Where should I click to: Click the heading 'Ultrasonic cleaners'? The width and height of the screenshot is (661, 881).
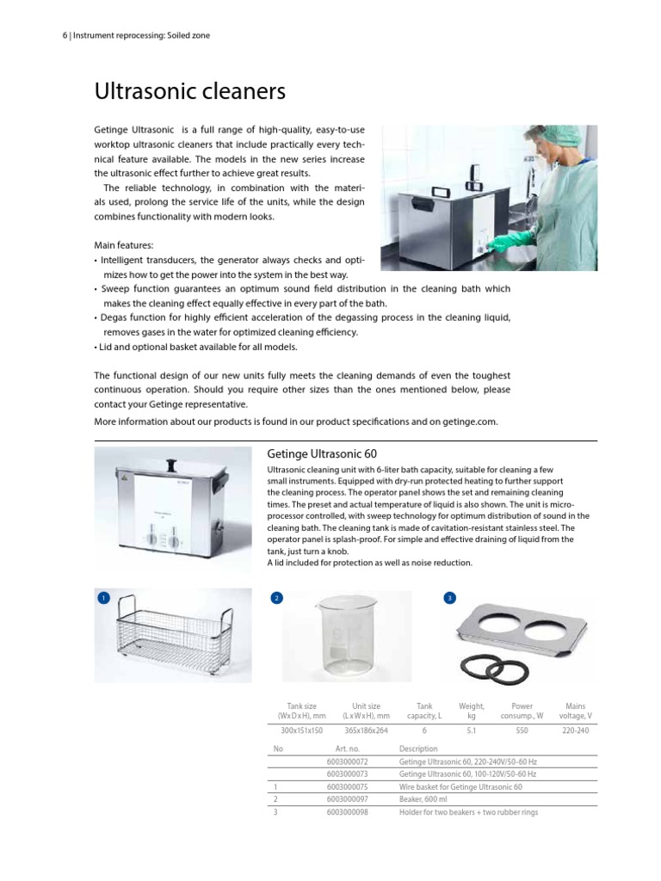[x=189, y=91]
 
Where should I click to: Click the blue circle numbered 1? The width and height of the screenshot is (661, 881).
[x=104, y=597]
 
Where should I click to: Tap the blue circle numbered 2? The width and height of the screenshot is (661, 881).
[x=276, y=597]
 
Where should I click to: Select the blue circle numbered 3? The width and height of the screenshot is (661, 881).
[x=448, y=597]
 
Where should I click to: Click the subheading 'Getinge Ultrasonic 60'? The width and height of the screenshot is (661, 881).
[x=322, y=453]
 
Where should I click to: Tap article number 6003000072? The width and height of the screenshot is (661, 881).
[x=347, y=762]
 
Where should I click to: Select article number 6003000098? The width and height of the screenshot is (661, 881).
[x=347, y=811]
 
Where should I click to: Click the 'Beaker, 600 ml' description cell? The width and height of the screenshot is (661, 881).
[x=423, y=799]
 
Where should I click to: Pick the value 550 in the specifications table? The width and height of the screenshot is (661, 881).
[x=522, y=730]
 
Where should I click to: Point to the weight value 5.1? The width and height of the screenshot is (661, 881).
[x=471, y=730]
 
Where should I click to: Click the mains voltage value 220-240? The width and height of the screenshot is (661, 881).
[x=575, y=730]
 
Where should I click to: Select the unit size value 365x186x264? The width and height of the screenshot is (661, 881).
[x=367, y=730]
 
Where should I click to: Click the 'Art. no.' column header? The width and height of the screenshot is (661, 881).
[x=346, y=749]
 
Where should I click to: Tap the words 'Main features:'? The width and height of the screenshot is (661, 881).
[x=123, y=245]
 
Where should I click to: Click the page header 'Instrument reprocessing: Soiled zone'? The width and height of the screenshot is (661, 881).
[x=142, y=35]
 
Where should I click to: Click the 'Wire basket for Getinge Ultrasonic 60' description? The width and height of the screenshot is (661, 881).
[x=460, y=786]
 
